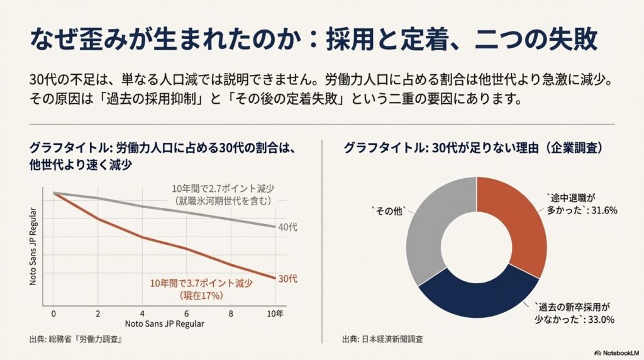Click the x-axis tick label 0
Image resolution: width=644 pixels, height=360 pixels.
coord(54,313)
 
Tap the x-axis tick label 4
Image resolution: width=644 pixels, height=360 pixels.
coord(143,313)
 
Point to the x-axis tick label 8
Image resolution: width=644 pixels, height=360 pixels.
coord(232,313)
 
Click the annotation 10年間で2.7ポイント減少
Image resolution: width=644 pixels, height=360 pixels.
coord(223,189)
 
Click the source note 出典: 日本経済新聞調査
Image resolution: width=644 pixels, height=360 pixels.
coord(382,339)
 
